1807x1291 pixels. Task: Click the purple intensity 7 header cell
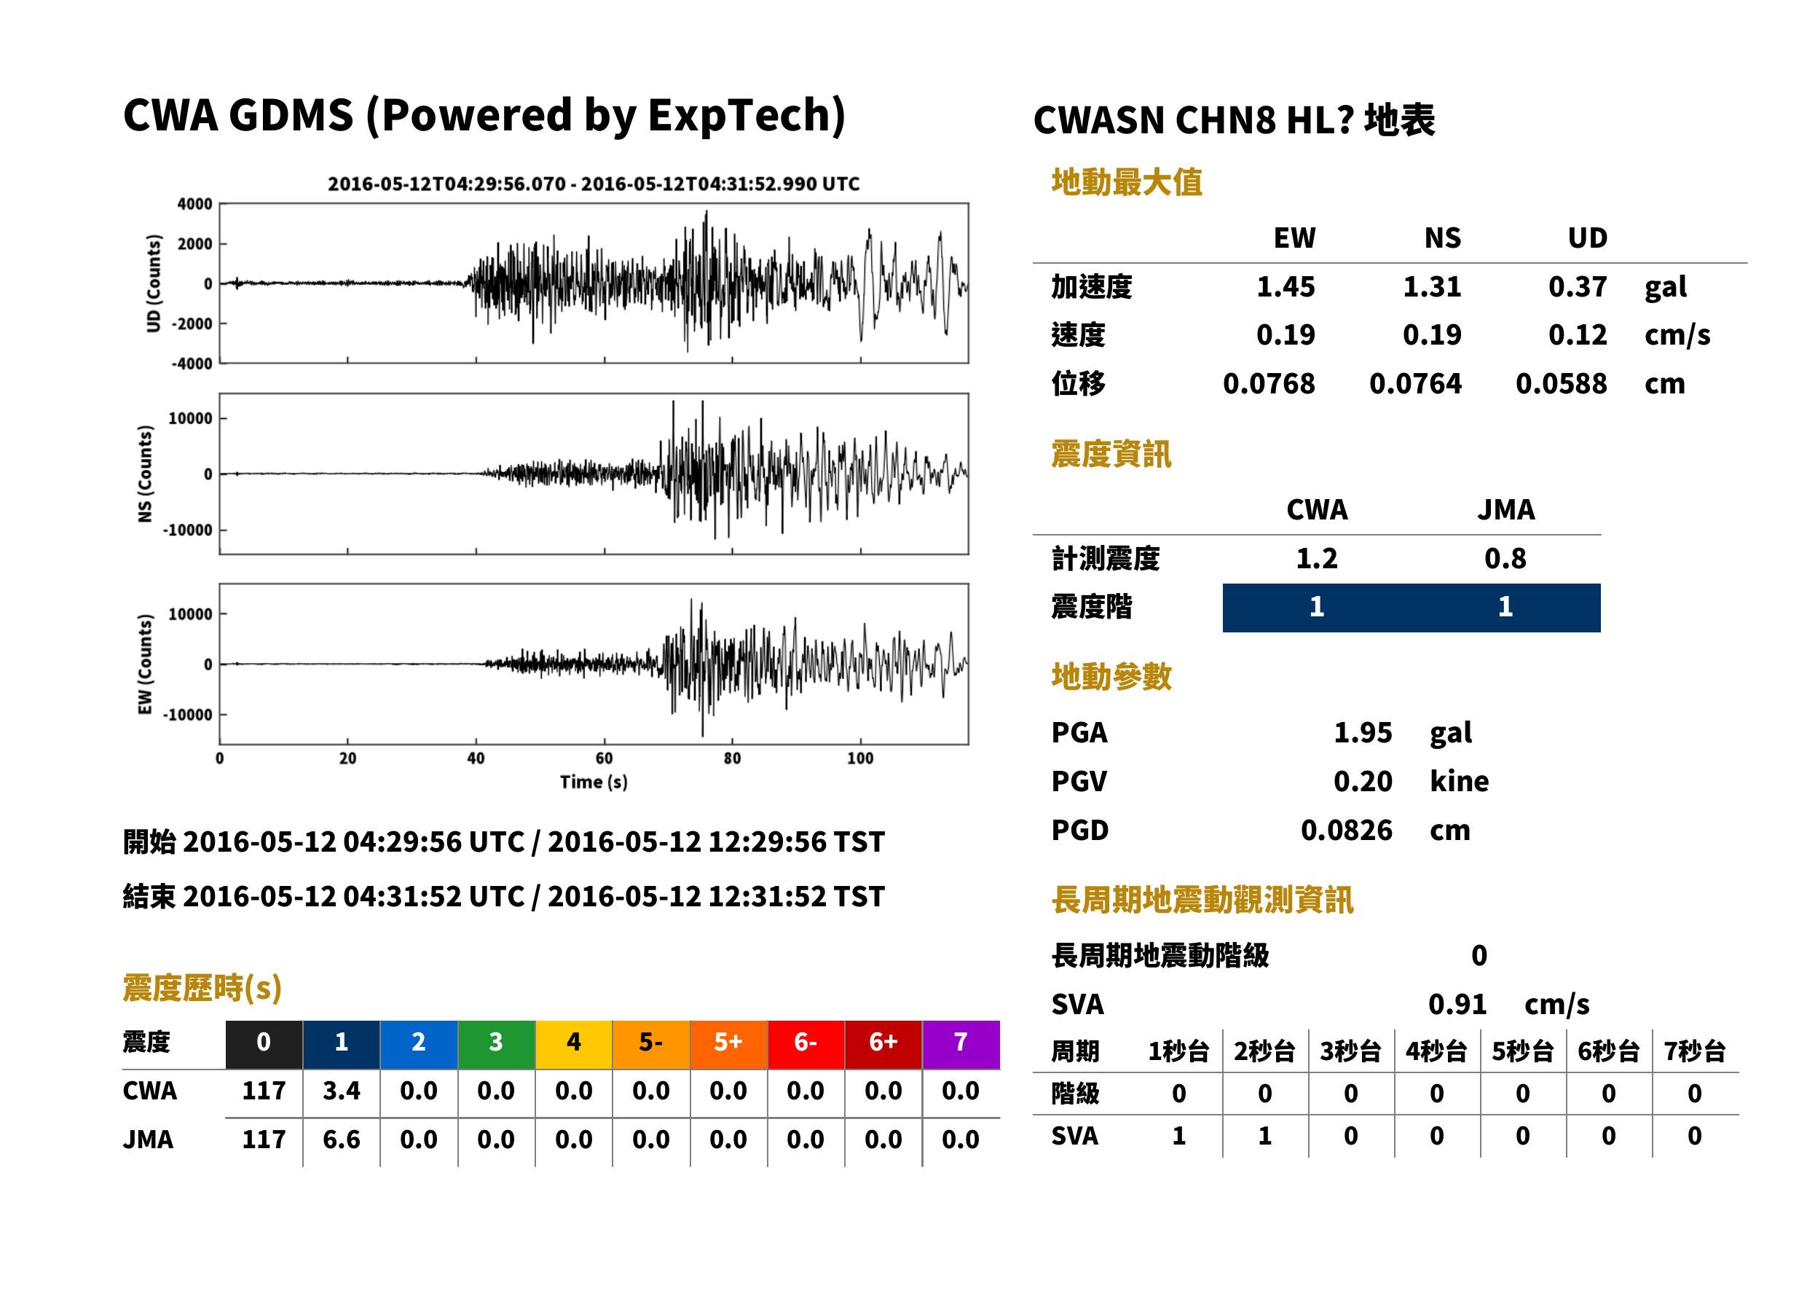(x=960, y=1043)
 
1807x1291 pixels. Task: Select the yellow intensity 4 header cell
(x=574, y=1043)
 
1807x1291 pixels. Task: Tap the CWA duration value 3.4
(x=342, y=1091)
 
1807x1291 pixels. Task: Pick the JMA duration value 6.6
(x=342, y=1140)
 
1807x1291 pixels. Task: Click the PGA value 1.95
(x=1363, y=732)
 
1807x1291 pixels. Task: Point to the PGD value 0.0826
(x=1347, y=830)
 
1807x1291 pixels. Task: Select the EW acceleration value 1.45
(x=1286, y=286)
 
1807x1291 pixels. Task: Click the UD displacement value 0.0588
(x=1562, y=384)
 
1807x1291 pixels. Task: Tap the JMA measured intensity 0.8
(x=1505, y=558)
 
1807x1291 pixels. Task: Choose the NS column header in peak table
(x=1443, y=238)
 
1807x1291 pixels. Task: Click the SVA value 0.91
(x=1457, y=1004)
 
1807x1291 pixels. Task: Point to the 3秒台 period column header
(x=1351, y=1052)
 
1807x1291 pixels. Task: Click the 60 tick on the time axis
(x=604, y=758)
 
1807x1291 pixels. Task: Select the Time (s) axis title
(x=594, y=782)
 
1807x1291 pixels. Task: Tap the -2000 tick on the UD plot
(x=192, y=323)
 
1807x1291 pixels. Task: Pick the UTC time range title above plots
(x=594, y=184)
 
